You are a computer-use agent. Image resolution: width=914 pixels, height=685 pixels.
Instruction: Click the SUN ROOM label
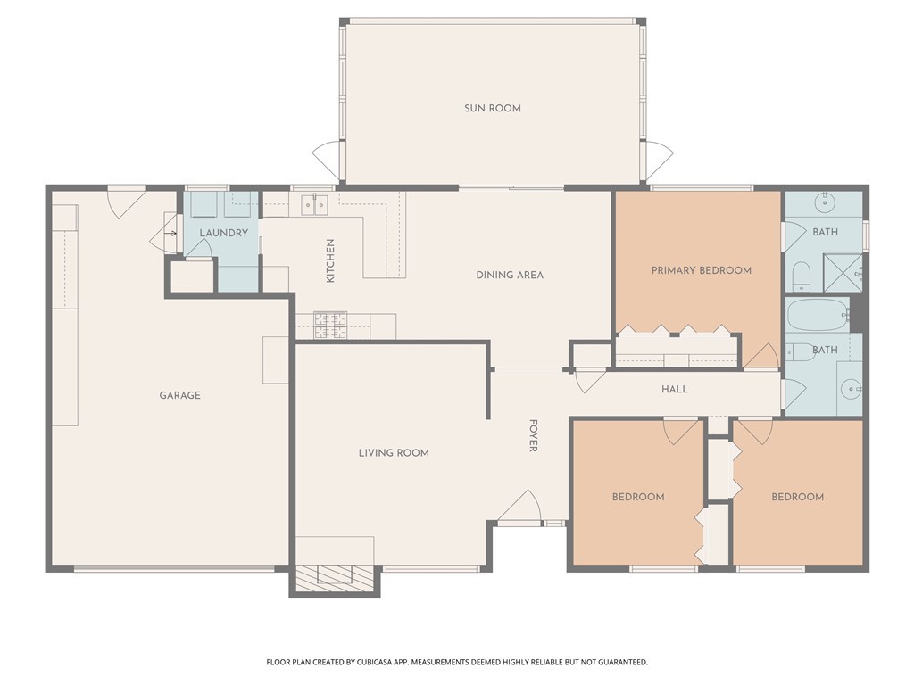[492, 108]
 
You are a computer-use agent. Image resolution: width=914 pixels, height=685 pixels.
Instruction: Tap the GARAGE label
[179, 395]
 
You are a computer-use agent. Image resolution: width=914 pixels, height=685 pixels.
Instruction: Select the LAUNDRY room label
[224, 233]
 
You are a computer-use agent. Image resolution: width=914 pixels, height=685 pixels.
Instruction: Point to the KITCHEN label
[330, 260]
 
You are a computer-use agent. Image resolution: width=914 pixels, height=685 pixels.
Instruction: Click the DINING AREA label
[510, 275]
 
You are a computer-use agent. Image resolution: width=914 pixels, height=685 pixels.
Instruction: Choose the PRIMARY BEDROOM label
[702, 270]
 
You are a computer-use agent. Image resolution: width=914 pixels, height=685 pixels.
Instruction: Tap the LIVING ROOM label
[394, 452]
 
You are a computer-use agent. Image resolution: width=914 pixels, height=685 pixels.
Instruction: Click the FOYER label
[533, 435]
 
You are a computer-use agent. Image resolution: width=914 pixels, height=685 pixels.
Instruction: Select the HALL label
[675, 389]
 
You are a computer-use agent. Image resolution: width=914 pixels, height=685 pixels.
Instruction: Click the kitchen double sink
[314, 204]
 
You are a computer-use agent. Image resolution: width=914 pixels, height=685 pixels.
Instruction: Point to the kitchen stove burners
[330, 326]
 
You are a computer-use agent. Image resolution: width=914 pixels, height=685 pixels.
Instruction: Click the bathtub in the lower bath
[818, 315]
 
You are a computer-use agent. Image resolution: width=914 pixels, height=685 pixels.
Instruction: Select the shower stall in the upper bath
[843, 272]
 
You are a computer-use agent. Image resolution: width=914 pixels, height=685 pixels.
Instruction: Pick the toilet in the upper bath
[802, 276]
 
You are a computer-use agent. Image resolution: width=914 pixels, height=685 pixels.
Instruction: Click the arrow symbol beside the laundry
[170, 234]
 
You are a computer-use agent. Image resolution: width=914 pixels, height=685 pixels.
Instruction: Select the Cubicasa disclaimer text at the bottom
[457, 662]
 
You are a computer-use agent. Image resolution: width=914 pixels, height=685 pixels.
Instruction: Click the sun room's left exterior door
[327, 161]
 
